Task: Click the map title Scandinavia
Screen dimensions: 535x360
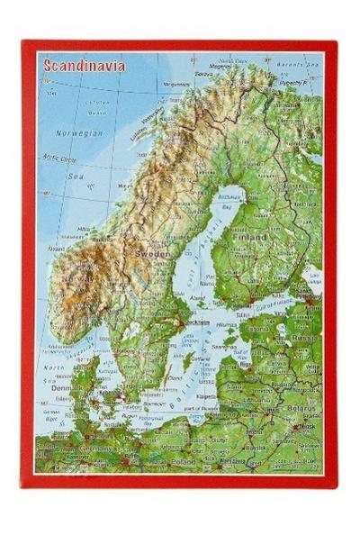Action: coord(81,66)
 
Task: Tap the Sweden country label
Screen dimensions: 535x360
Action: coord(151,255)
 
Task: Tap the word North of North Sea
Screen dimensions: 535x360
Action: coord(55,367)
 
